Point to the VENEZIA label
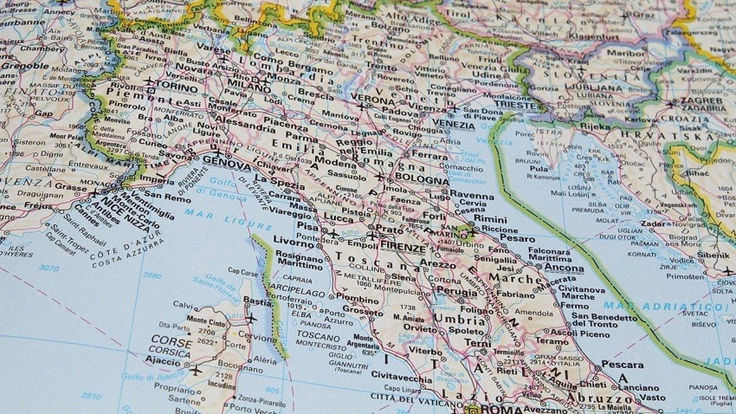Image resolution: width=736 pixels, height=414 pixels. pos(453,125)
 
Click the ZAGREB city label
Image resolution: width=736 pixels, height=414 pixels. pos(700,101)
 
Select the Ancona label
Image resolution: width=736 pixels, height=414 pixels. pos(564,268)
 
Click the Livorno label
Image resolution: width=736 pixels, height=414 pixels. pos(293,243)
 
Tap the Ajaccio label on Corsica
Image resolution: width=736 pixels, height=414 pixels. pos(163,361)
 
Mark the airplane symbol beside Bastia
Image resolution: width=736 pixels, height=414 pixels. pos(251,319)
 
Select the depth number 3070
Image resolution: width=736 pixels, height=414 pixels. pos(49,268)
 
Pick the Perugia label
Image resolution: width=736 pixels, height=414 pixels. pos(456,290)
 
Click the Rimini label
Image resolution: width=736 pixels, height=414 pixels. pos(490,219)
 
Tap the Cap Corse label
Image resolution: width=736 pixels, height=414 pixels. pos(243,272)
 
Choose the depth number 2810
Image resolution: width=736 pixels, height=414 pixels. pos(90,396)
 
